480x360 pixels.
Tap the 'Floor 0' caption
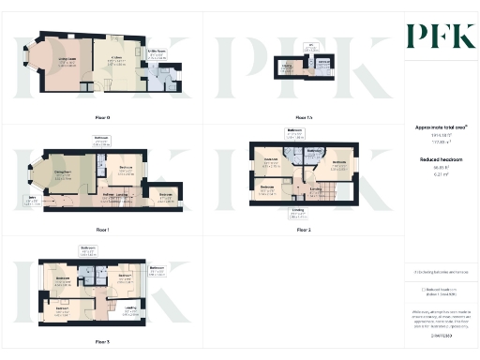click(x=102, y=117)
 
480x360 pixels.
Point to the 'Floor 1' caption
click(x=102, y=229)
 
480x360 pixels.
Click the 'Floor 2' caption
click(x=303, y=229)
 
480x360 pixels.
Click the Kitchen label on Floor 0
click(x=117, y=59)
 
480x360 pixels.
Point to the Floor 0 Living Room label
click(x=67, y=61)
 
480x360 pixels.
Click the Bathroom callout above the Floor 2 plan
click(x=293, y=132)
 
